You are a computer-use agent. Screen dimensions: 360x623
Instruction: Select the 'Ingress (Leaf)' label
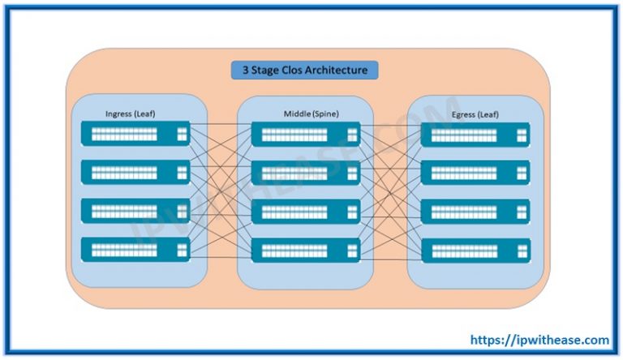[130, 114]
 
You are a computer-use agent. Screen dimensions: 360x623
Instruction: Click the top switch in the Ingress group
[135, 134]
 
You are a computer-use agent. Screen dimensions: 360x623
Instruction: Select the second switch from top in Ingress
[135, 172]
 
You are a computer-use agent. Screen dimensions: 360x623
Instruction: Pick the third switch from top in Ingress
[135, 211]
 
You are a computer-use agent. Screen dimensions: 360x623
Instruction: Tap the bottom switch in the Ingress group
[135, 249]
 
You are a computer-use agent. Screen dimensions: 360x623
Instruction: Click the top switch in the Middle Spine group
[305, 134]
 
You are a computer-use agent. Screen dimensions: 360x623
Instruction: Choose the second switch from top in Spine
[305, 172]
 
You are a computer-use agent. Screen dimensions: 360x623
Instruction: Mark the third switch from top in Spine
[305, 211]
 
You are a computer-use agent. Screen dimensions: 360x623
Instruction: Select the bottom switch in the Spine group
[305, 249]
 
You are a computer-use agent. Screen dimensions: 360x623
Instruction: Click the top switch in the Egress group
[475, 134]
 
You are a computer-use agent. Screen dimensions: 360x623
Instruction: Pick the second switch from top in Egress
[475, 172]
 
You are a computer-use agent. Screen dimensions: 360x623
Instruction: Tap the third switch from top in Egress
[475, 211]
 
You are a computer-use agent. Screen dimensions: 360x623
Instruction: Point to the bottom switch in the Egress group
[475, 249]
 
